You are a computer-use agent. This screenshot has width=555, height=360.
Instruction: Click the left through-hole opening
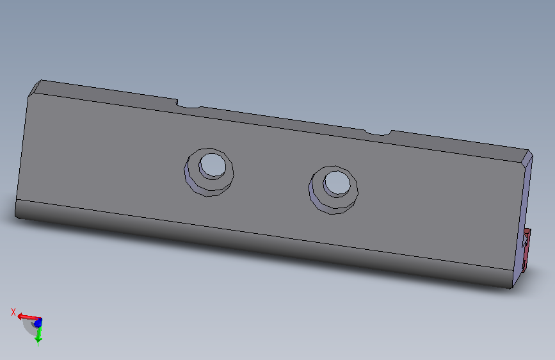coord(213,165)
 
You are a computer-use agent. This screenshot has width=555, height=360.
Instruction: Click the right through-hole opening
coord(337,183)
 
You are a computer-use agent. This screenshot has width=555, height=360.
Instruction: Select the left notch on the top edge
coord(188,104)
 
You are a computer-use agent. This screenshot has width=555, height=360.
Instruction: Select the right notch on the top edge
coord(378,133)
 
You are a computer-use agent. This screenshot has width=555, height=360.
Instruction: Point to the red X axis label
coord(13,312)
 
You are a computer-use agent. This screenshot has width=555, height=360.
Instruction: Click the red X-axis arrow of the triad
coord(29,317)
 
